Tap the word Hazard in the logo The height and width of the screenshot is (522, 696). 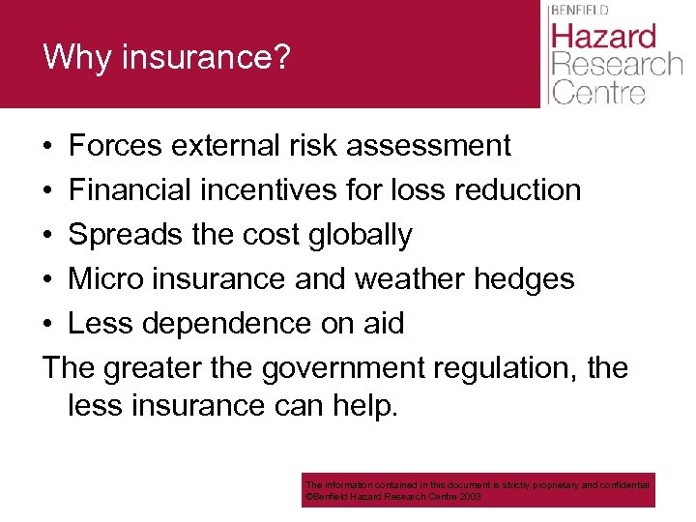(604, 37)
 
